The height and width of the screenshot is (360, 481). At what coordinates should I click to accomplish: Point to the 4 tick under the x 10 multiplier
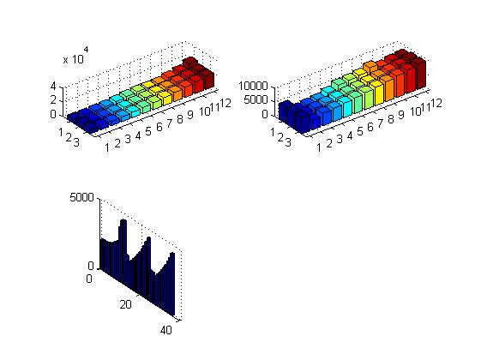[x=53, y=87]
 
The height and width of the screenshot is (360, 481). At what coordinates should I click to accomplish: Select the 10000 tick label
[x=253, y=87]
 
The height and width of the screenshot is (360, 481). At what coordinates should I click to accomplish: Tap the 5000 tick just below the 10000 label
[x=256, y=100]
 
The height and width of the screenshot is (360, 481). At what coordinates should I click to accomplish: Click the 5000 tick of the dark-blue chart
[x=82, y=197]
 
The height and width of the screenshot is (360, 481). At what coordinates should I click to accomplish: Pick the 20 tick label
[x=125, y=304]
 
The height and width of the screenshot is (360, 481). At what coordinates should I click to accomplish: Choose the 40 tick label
[x=166, y=330]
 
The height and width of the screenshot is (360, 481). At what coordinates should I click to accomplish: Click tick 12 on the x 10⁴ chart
[x=225, y=104]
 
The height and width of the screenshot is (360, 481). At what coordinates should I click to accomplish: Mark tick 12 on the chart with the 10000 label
[x=436, y=104]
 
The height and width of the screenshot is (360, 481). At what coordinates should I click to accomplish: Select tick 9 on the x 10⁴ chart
[x=190, y=115]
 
